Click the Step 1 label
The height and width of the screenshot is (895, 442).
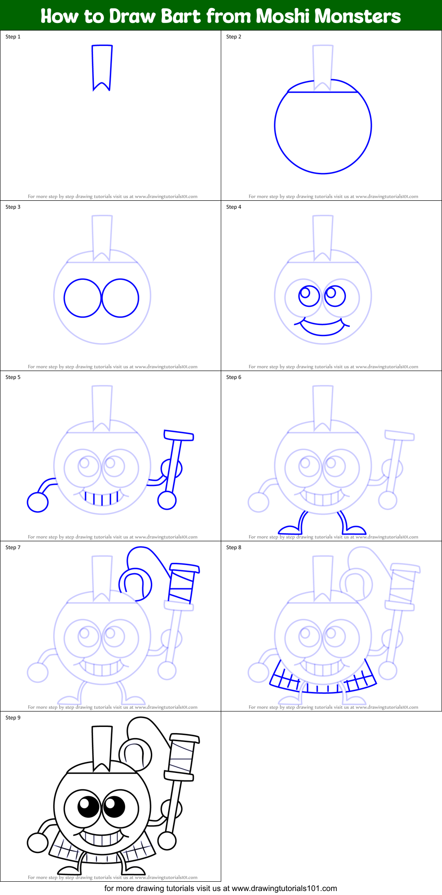pyautogui.click(x=13, y=37)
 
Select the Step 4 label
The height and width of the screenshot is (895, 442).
pyautogui.click(x=234, y=207)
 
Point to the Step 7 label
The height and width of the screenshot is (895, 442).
pyautogui.click(x=13, y=547)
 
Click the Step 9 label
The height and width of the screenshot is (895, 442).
pyautogui.click(x=13, y=718)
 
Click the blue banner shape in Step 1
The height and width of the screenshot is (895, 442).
pyautogui.click(x=102, y=66)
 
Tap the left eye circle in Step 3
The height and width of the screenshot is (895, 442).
pyautogui.click(x=83, y=298)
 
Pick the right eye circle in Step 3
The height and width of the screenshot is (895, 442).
pyautogui.click(x=120, y=298)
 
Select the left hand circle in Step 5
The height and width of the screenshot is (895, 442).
pyautogui.click(x=38, y=502)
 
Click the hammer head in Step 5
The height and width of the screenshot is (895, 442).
pyautogui.click(x=179, y=436)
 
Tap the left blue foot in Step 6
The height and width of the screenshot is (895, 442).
pyautogui.click(x=290, y=529)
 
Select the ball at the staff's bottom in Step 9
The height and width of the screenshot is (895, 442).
pyautogui.click(x=167, y=841)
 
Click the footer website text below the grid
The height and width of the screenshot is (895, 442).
pyautogui.click(x=220, y=888)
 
